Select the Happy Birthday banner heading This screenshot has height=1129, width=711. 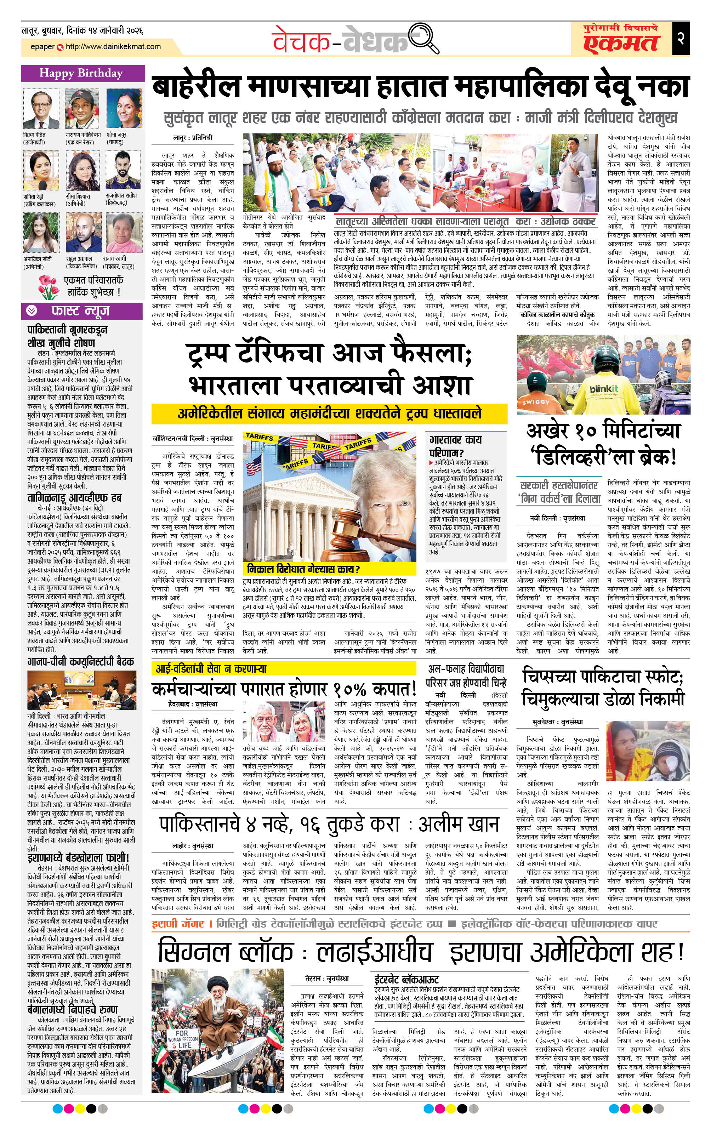[x=81, y=73]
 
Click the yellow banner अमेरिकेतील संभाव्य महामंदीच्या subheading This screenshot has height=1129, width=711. [x=329, y=414]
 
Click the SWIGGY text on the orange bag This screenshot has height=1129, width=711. [x=536, y=402]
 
